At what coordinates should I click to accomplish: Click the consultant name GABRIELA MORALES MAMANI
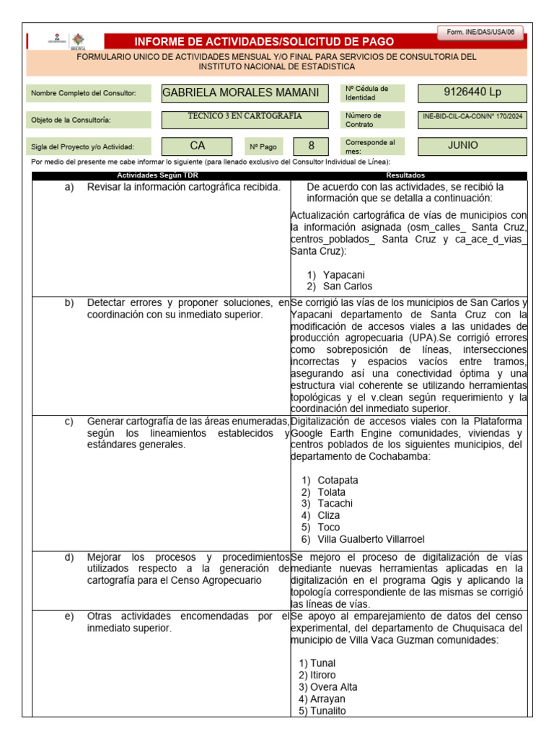coord(240,92)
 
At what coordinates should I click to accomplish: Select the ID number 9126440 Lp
coord(472,92)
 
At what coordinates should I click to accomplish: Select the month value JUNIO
coord(462,145)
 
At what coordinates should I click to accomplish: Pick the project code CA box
coord(198,146)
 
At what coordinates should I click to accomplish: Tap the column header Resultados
coord(405,175)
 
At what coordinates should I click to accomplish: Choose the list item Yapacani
coord(343,274)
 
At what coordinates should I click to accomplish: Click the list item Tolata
coord(335,492)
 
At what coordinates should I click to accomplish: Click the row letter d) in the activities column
coord(69,557)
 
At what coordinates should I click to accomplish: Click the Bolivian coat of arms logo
coord(77,40)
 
